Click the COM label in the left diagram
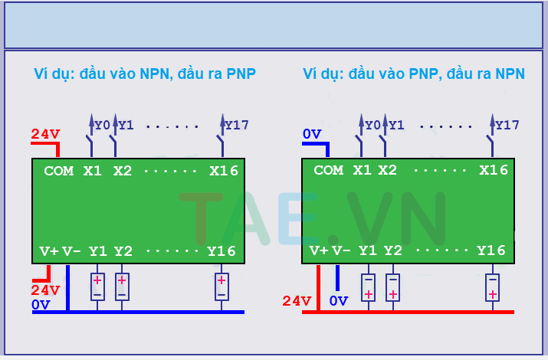(59, 171)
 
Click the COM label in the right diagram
(329, 171)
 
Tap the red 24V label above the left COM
(45, 135)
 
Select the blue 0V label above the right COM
(312, 135)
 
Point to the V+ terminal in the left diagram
(49, 250)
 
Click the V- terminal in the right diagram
(341, 250)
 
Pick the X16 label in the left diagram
(224, 171)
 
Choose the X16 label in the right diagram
(494, 171)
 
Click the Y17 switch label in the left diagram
(236, 125)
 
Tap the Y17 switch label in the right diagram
(507, 125)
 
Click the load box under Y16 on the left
(221, 286)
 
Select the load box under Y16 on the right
(492, 286)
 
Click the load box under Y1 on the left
(97, 286)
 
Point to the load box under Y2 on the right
(392, 286)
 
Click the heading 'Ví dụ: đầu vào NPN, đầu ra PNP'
(145, 74)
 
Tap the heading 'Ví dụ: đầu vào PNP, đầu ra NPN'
(414, 74)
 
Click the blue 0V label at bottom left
(41, 305)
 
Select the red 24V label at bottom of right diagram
(297, 301)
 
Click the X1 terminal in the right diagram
(362, 171)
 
